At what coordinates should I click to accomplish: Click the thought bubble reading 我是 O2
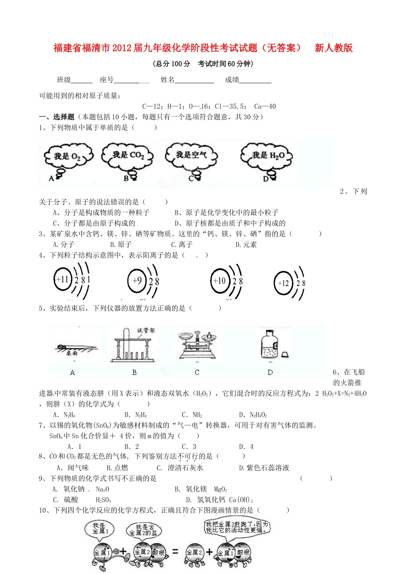coord(68,157)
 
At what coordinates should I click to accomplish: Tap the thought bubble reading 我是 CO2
coord(127,155)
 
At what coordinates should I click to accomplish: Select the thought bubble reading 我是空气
coord(191,155)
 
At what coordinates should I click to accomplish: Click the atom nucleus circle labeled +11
coord(62,280)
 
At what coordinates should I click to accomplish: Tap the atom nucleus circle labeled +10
coord(220,281)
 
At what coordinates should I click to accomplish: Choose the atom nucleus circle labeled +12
coord(283,283)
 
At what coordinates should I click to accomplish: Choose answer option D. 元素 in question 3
coord(246,245)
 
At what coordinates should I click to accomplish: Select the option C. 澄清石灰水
coord(179,468)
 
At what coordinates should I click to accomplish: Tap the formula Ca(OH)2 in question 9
coord(241,500)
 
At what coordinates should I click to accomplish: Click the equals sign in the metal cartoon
coord(175,552)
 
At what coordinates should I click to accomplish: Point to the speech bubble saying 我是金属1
coord(99,528)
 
